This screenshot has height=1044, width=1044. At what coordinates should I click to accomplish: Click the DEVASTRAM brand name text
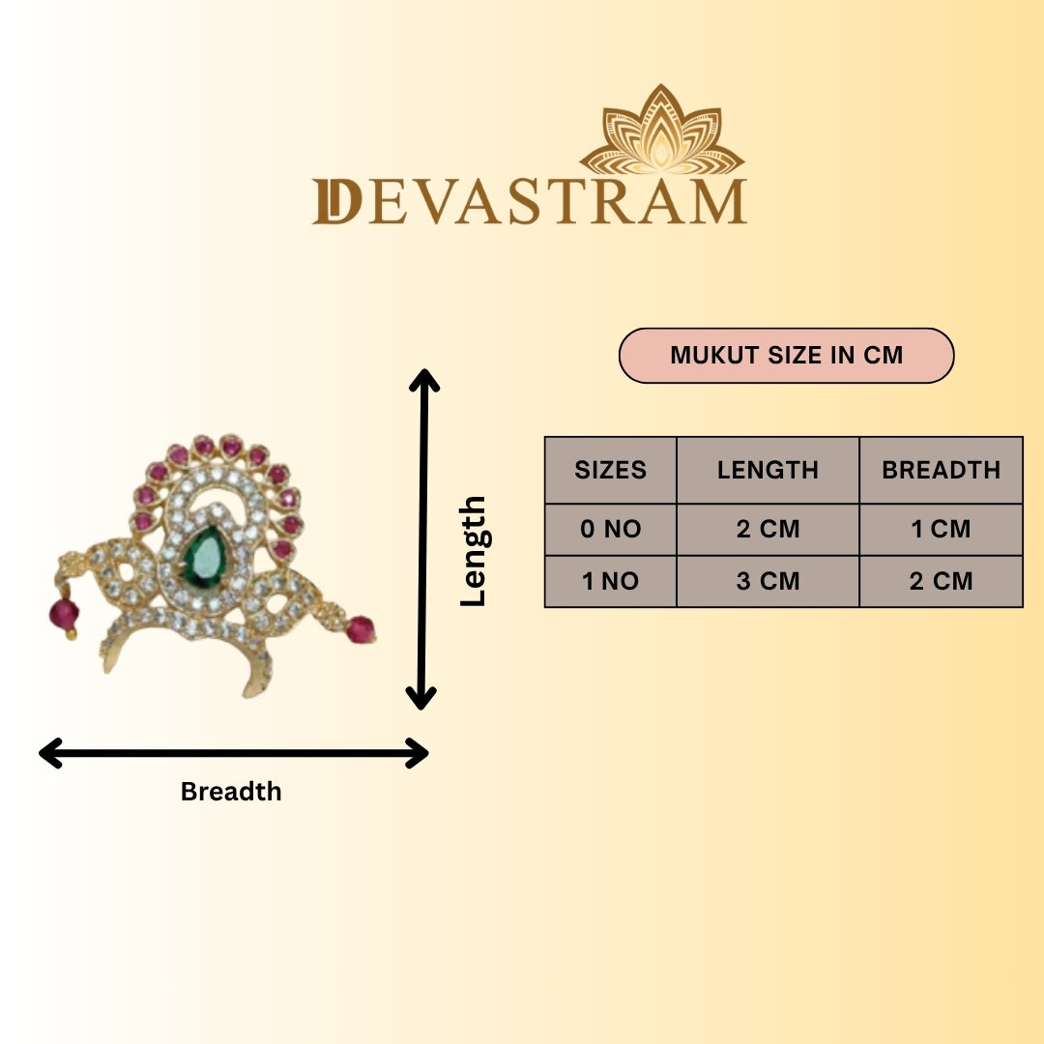coord(530,202)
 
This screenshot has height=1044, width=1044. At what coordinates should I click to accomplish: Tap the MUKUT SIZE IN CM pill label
coord(786,356)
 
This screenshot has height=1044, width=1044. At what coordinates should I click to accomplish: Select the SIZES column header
coord(611,470)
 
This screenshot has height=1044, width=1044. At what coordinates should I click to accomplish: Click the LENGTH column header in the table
coord(768,470)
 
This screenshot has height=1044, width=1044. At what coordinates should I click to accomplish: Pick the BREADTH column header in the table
coord(941,470)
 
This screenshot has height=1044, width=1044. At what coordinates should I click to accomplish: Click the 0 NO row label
coord(611,529)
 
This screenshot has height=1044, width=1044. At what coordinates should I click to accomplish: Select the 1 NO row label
coord(611,581)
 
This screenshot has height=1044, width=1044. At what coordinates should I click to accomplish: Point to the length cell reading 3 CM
coord(768,581)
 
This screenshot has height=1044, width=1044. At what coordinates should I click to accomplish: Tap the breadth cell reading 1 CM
coord(941,529)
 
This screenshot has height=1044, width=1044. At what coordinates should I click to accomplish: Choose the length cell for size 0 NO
coord(768,529)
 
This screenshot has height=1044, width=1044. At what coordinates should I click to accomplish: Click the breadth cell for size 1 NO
coord(941,581)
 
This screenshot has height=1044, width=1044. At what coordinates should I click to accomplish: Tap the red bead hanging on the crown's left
coord(64,615)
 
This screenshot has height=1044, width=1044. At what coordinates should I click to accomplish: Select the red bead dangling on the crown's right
coord(361,629)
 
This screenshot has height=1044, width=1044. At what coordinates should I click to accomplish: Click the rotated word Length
coord(474,551)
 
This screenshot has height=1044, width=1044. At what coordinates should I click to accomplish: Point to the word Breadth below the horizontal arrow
coord(231,792)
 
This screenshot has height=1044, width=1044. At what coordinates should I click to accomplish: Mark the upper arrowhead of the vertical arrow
coord(424,380)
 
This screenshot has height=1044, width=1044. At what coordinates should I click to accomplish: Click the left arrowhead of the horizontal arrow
coord(50,753)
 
